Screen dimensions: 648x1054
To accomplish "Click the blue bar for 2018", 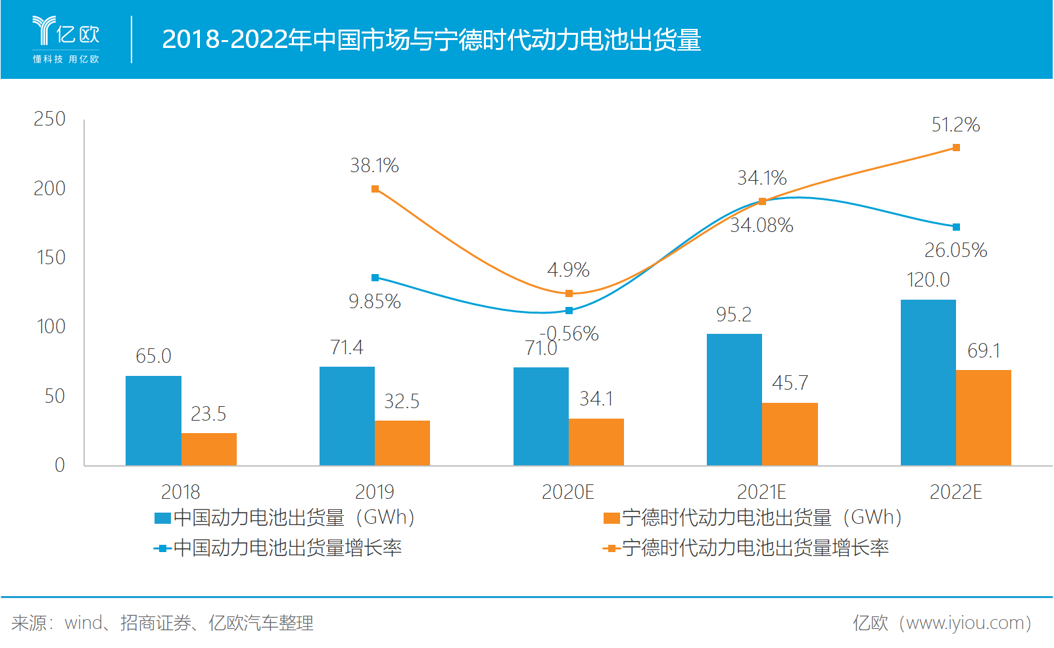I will click(x=153, y=421).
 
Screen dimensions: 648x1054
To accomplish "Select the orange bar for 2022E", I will click(x=983, y=418).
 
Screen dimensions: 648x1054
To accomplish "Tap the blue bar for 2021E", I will click(x=734, y=400).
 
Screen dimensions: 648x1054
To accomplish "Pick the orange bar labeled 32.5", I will click(x=402, y=443).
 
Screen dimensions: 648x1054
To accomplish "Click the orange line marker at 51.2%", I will click(x=956, y=148).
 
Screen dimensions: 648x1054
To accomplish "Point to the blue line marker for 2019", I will click(x=375, y=278).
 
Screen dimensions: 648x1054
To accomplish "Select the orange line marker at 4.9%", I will click(x=569, y=294).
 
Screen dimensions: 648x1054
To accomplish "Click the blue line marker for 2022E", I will click(x=956, y=227).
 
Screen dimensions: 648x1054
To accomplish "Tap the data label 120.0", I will click(x=928, y=280).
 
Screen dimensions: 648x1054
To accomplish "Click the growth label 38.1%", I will click(x=374, y=166).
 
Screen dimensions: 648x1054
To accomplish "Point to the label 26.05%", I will click(x=955, y=250).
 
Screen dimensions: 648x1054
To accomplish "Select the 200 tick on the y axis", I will click(x=50, y=189).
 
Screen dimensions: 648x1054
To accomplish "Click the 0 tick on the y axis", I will click(x=59, y=465).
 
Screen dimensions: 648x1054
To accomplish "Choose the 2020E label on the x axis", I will click(x=567, y=492).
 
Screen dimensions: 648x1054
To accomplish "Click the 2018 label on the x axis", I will click(x=180, y=492).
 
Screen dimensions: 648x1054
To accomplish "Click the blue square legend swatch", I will click(x=162, y=519).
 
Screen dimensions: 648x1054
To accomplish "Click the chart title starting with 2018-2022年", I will click(x=431, y=39).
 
